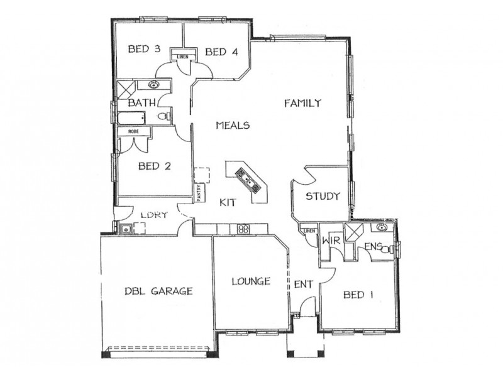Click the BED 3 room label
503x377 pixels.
144,48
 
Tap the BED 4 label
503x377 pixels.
221,52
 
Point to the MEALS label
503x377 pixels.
233,125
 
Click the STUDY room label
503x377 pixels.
323,196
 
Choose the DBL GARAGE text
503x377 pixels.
158,291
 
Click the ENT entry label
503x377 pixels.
304,285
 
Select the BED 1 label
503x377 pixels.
358,294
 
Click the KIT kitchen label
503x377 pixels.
228,202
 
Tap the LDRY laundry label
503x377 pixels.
153,215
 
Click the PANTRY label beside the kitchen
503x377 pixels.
198,191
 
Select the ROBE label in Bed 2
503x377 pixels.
133,131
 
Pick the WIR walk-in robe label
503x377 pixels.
331,241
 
